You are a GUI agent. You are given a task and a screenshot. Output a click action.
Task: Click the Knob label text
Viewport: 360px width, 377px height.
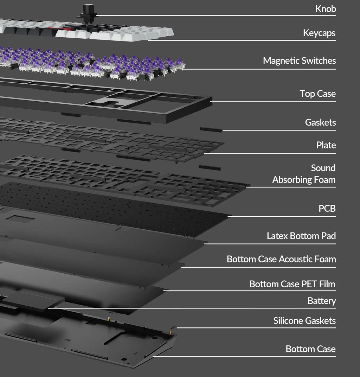pos(326,9)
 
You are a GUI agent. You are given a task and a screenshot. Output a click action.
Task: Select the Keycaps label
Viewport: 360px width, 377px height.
pos(319,33)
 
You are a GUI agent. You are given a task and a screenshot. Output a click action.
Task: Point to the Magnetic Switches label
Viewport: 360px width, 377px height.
pos(300,61)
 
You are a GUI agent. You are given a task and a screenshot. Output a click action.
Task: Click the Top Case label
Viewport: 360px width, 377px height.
pos(317,94)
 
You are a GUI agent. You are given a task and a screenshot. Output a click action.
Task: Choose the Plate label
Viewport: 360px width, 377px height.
pos(326,145)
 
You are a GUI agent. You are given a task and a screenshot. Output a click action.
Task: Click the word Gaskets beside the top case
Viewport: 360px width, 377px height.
pos(320,123)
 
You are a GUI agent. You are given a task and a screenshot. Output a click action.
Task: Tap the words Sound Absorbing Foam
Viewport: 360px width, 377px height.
pos(304,174)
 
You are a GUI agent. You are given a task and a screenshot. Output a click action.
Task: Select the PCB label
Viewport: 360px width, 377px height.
pos(327,209)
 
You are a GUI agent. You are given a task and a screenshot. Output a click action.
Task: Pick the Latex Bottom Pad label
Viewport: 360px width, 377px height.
pos(301,236)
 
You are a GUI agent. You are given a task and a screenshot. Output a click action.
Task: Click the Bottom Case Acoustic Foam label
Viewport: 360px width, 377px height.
pos(281,259)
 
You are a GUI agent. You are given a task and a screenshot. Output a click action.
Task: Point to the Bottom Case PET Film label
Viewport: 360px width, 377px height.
pos(292,284)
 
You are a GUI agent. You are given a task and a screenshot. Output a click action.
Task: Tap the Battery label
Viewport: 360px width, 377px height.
pos(322,301)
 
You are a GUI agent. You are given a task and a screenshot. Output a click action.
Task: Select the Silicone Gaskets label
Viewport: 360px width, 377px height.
pos(304,321)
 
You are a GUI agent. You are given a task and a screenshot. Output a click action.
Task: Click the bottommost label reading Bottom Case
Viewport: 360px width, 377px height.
pos(310,349)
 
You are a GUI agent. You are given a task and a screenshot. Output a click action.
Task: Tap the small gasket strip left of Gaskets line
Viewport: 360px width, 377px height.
pos(211,130)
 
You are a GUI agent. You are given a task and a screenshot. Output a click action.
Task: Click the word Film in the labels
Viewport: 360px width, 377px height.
pos(327,284)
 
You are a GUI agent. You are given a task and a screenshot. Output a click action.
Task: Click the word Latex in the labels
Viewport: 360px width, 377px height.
pos(277,236)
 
